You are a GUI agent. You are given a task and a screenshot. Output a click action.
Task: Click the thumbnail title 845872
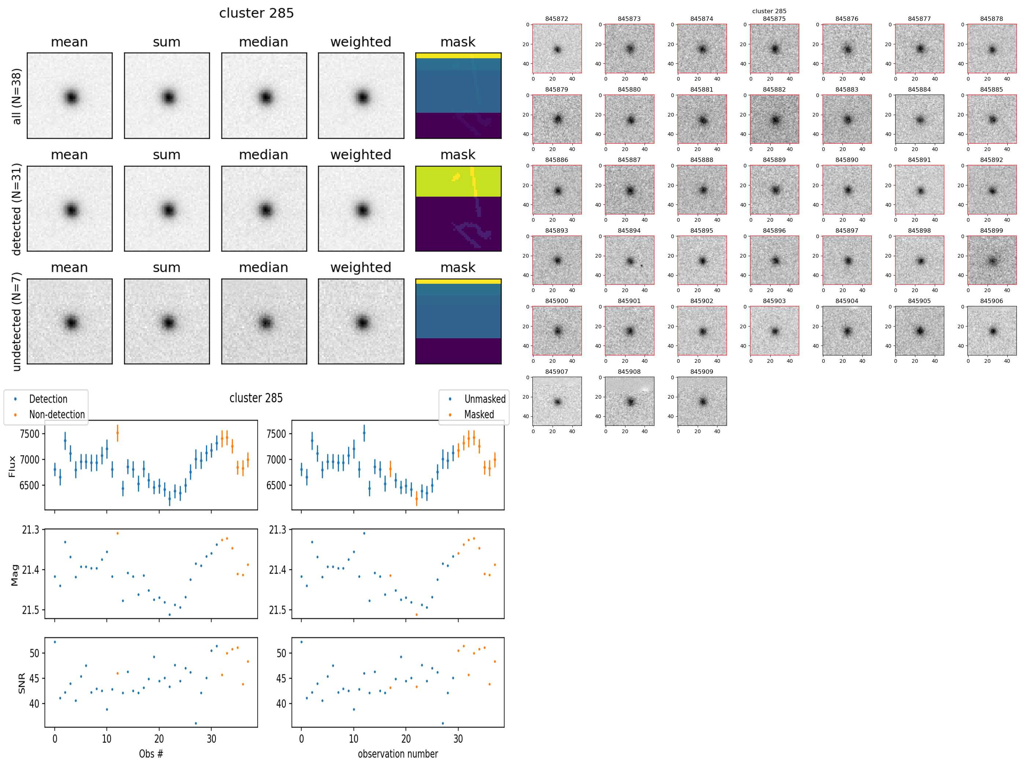(556, 19)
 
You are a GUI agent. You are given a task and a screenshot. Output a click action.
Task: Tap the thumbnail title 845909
(701, 372)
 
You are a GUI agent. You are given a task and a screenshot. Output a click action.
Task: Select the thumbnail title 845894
(629, 230)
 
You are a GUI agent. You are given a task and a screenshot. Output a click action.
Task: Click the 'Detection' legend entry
(48, 399)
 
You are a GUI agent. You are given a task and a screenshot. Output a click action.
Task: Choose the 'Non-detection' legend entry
(56, 414)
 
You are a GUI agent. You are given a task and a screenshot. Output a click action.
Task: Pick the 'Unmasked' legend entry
(485, 399)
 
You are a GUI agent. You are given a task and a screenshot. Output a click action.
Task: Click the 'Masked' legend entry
(479, 414)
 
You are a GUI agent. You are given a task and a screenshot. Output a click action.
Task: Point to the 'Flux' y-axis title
(12, 466)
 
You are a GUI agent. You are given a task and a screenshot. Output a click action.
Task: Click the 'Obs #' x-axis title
(151, 753)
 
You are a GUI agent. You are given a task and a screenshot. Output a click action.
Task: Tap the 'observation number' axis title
(398, 753)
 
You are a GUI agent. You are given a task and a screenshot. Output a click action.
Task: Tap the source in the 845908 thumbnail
(630, 402)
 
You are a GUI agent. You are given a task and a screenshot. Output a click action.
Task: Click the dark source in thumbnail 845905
(920, 331)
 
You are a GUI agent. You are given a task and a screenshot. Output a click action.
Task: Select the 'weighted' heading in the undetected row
(361, 268)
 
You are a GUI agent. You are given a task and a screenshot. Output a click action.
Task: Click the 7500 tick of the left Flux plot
(29, 434)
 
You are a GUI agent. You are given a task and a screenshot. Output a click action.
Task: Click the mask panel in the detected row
(458, 209)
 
